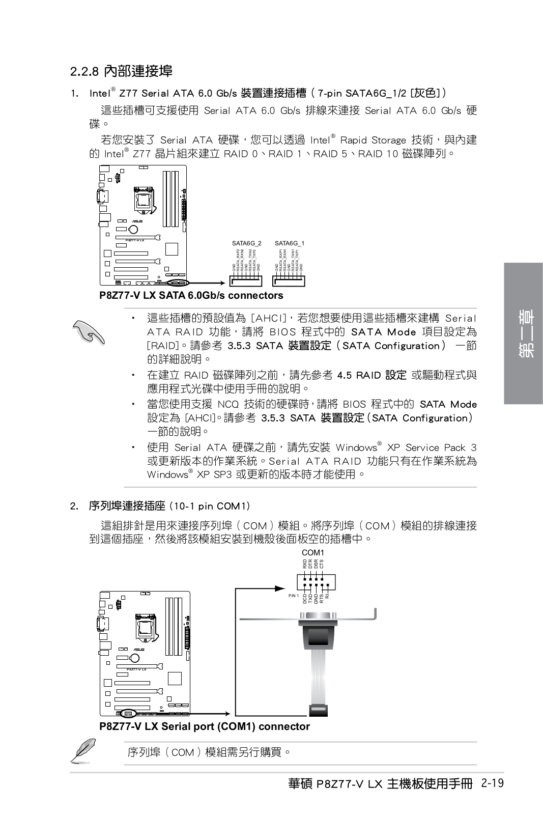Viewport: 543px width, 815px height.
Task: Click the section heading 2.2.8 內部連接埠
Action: click(121, 71)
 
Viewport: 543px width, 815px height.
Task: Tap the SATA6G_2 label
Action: click(246, 243)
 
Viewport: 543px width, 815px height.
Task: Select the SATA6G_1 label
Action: click(289, 243)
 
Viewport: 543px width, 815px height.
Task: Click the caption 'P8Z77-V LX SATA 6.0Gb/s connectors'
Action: click(191, 295)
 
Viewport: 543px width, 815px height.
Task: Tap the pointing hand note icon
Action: click(89, 331)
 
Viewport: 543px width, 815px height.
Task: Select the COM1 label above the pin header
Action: click(312, 552)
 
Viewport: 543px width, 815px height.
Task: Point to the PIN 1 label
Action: click(294, 595)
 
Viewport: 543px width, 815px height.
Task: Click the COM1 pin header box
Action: click(316, 581)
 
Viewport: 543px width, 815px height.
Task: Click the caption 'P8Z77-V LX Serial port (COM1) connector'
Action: click(205, 726)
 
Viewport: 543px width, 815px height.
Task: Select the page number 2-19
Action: click(491, 783)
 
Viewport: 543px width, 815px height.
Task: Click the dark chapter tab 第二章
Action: click(523, 333)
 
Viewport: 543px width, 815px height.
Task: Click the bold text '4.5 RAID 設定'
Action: click(371, 375)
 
